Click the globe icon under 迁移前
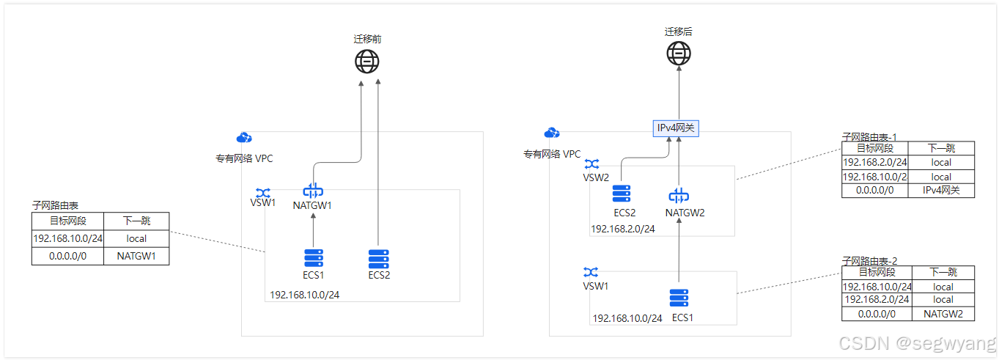point(367,62)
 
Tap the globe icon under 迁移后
point(679,54)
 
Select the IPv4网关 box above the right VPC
point(676,128)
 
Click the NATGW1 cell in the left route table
point(136,257)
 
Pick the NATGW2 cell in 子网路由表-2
point(943,314)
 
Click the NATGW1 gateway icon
point(312,191)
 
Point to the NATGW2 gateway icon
point(679,196)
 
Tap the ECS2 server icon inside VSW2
point(622,194)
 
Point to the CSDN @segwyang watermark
point(917,343)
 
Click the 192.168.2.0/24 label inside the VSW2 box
point(623,229)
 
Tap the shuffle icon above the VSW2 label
point(591,164)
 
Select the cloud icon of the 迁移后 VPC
point(552,133)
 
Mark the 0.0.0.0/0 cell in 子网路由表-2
point(877,314)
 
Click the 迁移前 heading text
point(367,39)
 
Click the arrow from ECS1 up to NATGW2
point(679,253)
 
